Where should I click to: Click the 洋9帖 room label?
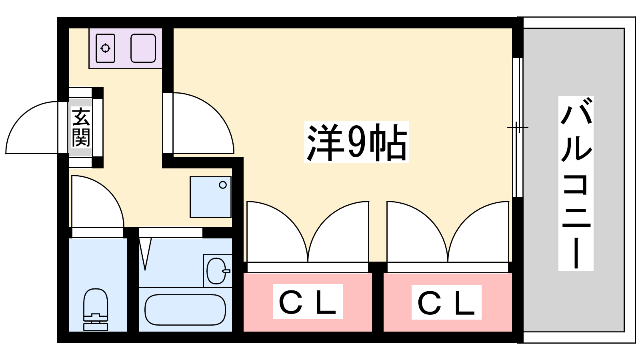356,142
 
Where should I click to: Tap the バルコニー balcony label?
576,183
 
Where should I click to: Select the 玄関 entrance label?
81,127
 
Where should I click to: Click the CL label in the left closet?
307,302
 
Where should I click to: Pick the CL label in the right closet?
446,302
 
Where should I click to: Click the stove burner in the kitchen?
106,48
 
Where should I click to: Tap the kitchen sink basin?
143,48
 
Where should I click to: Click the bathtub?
185,310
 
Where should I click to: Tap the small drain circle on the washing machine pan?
223,185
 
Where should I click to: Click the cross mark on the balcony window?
518,128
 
